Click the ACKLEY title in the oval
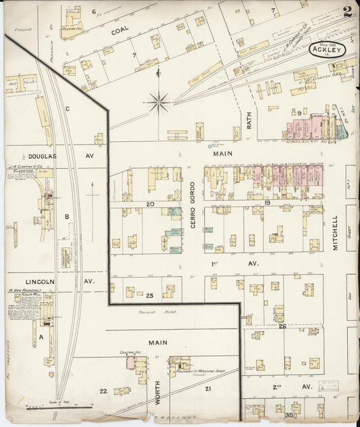[x=328, y=49]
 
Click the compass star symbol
[x=158, y=102]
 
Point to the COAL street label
[x=120, y=30]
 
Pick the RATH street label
[x=249, y=120]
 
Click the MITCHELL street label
[x=335, y=233]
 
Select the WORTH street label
[x=157, y=392]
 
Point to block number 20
[x=150, y=203]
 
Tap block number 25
[x=150, y=295]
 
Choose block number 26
[x=282, y=326]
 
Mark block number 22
[x=103, y=391]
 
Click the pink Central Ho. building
[x=130, y=363]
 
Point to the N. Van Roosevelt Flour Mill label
[x=30, y=294]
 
